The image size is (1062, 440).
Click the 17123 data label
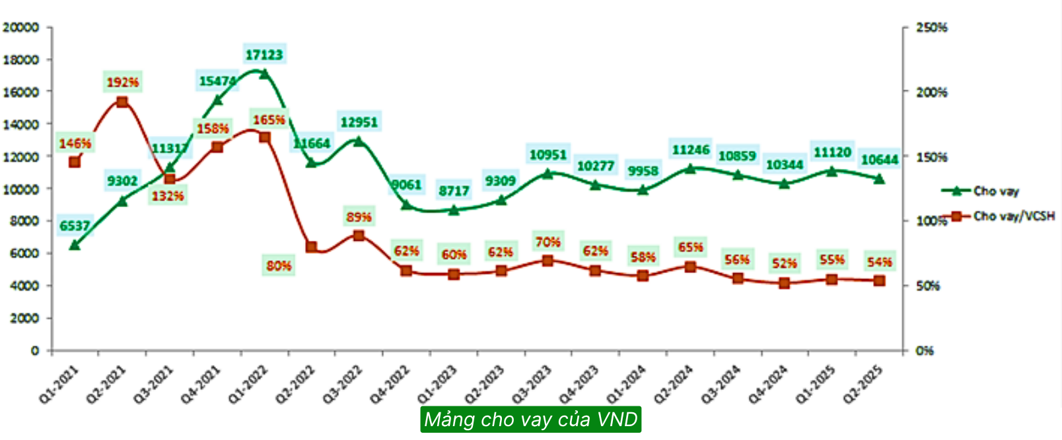pyautogui.click(x=264, y=55)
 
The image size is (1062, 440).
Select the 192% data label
pyautogui.click(x=123, y=82)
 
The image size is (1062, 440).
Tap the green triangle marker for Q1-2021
pyautogui.click(x=75, y=245)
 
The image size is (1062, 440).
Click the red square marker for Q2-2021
pyautogui.click(x=122, y=102)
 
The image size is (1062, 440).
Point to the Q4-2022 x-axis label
pyautogui.click(x=390, y=383)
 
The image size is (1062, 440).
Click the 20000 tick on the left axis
pyautogui.click(x=21, y=27)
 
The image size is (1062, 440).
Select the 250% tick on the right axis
pyautogui.click(x=931, y=27)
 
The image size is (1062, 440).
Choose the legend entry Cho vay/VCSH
pyautogui.click(x=1013, y=216)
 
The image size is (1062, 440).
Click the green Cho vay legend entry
pyautogui.click(x=995, y=191)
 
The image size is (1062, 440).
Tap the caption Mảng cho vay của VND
pyautogui.click(x=531, y=420)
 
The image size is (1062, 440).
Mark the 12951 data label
pyautogui.click(x=359, y=122)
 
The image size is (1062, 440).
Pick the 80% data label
pyautogui.click(x=279, y=266)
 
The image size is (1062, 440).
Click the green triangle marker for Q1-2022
pyautogui.click(x=264, y=74)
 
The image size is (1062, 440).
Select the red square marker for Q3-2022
pyautogui.click(x=359, y=236)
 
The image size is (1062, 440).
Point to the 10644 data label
pyautogui.click(x=880, y=160)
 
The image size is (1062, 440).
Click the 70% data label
pyautogui.click(x=548, y=243)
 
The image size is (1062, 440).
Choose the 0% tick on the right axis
pyautogui.click(x=925, y=350)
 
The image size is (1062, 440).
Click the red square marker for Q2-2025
pyautogui.click(x=879, y=280)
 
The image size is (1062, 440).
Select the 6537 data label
pyautogui.click(x=75, y=226)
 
